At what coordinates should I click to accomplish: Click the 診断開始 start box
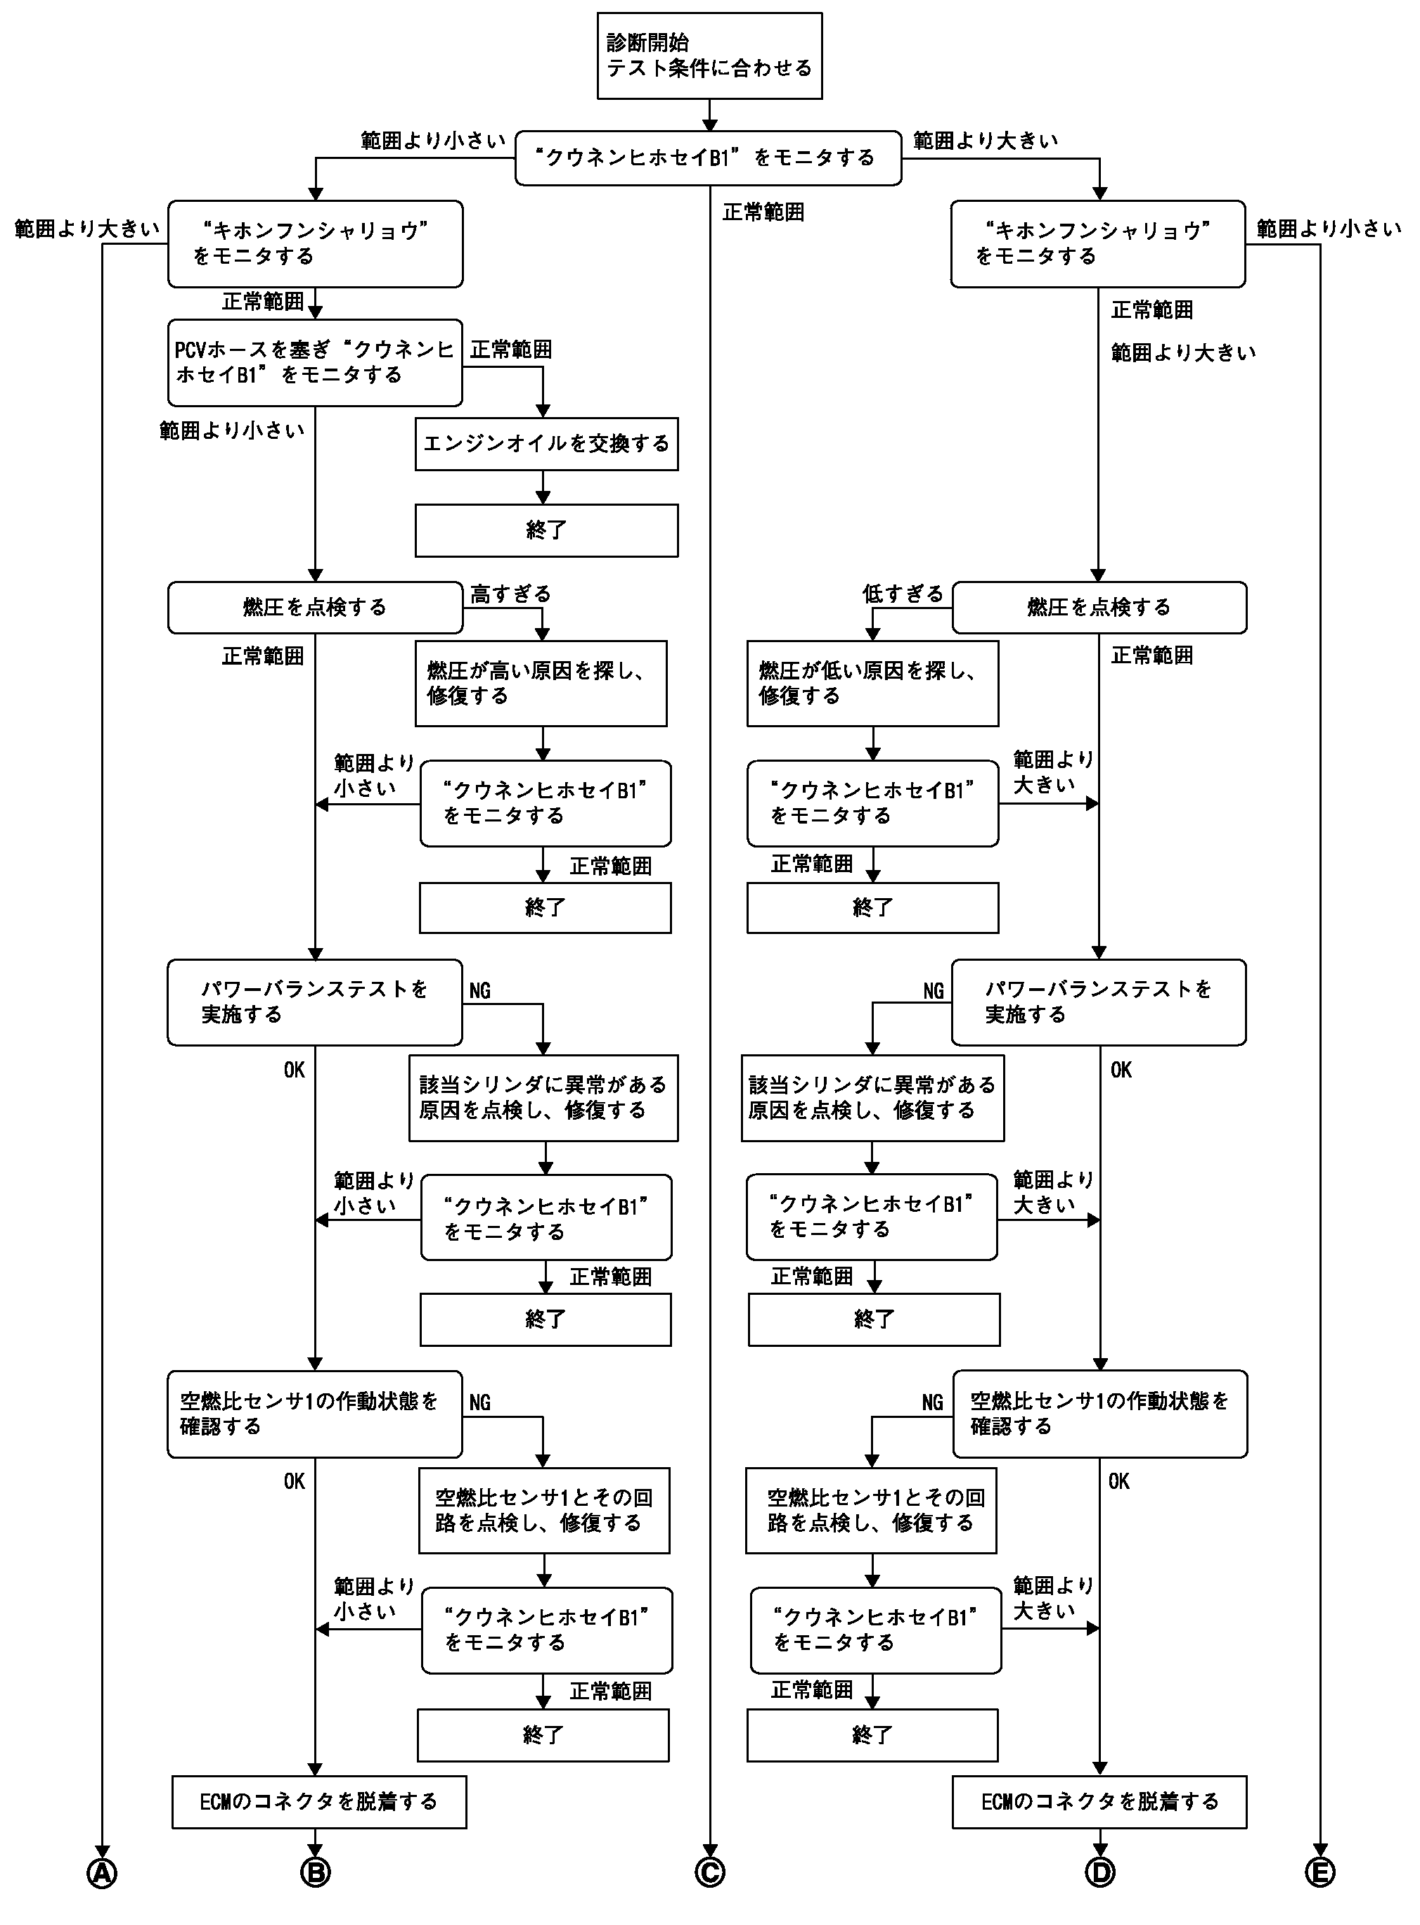[x=709, y=56]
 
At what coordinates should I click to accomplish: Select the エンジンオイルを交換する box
[x=547, y=444]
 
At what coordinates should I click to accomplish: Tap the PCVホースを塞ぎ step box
[x=315, y=363]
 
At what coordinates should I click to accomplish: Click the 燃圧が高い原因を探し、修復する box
[x=541, y=684]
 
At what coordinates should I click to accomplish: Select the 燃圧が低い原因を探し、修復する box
[x=872, y=684]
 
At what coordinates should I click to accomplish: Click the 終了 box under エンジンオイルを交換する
[x=547, y=530]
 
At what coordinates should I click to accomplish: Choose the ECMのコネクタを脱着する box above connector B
[x=319, y=1802]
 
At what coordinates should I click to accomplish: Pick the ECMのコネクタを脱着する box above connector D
[x=1099, y=1802]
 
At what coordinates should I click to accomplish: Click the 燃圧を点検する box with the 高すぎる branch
[x=315, y=608]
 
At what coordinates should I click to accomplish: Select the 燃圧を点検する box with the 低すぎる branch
[x=1099, y=608]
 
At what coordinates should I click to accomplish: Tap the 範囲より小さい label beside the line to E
[x=1329, y=229]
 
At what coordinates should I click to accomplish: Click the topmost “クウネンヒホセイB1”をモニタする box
[x=709, y=158]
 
